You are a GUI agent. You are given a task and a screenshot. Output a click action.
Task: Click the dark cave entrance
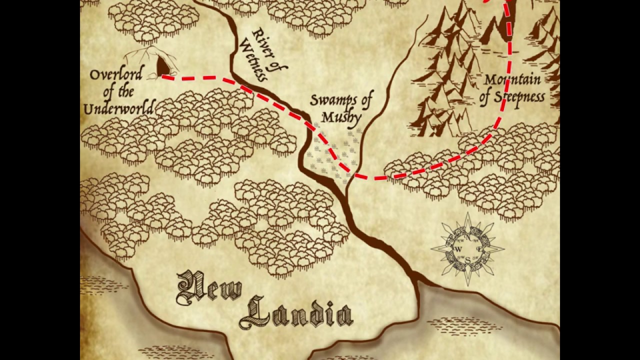[x=163, y=66]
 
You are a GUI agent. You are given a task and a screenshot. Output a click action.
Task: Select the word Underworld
[x=119, y=108]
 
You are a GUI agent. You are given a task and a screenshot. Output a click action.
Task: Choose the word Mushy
[x=341, y=117]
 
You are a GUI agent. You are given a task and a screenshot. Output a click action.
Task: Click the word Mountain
[x=512, y=80]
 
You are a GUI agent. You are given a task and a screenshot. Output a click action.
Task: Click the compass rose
[x=467, y=248]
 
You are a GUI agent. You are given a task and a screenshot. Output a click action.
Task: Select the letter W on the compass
[x=458, y=249]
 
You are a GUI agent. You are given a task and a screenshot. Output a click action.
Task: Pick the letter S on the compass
[x=468, y=259]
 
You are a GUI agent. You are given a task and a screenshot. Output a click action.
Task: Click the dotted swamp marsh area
[x=330, y=150]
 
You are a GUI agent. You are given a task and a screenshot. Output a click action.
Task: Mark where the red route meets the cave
[x=164, y=77]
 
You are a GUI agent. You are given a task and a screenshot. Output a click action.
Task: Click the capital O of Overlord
[x=95, y=75]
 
